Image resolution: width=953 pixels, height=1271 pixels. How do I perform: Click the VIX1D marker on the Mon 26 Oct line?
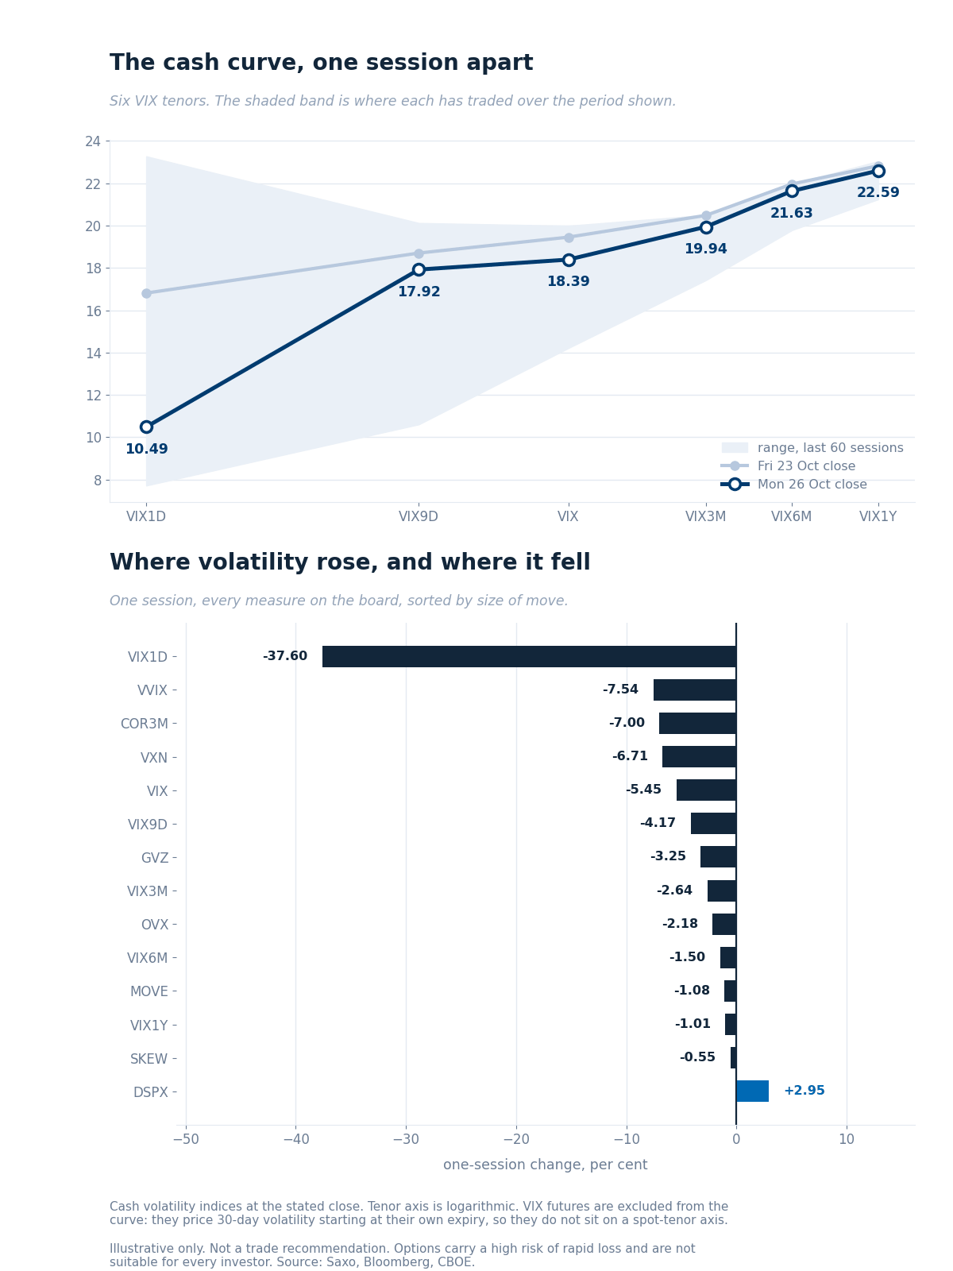(x=146, y=427)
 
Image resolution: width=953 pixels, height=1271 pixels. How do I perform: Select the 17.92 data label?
(x=419, y=292)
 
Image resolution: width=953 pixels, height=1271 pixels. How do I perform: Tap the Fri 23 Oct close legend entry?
(x=788, y=466)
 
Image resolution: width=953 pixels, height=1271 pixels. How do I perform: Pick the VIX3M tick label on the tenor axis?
(x=705, y=516)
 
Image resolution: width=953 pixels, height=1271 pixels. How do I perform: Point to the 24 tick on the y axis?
(x=93, y=141)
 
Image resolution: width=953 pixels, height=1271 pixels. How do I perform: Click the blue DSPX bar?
(x=752, y=1091)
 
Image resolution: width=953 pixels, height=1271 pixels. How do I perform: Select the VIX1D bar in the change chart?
(x=530, y=657)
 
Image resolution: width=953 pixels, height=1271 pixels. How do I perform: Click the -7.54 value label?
(x=620, y=689)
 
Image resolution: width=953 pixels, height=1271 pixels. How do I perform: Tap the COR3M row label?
(x=144, y=724)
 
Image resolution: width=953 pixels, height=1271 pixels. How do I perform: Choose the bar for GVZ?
(x=718, y=856)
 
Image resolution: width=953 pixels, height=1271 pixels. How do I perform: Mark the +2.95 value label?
(x=804, y=1091)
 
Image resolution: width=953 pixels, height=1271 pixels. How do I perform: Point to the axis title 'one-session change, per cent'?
(x=545, y=1165)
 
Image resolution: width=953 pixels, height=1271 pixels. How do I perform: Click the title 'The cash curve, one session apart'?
(x=321, y=63)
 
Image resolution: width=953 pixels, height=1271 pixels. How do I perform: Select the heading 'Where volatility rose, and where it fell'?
(x=350, y=562)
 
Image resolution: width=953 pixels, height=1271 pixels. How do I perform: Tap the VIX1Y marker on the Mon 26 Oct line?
(x=878, y=171)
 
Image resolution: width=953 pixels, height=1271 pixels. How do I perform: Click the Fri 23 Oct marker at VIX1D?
(x=146, y=294)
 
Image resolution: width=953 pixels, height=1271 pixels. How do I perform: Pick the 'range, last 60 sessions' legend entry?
(x=812, y=447)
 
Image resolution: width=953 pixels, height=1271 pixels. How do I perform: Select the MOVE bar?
(x=730, y=991)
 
